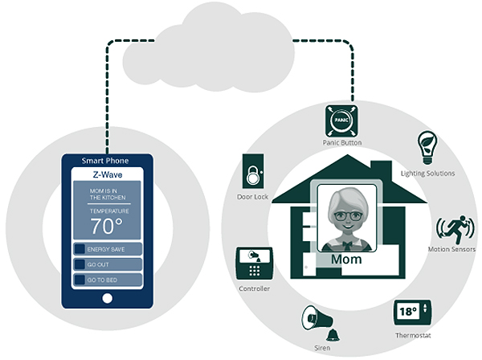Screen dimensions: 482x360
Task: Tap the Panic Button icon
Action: pyautogui.click(x=341, y=121)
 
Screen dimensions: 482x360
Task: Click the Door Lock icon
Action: pyautogui.click(x=253, y=171)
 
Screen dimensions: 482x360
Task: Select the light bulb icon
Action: pyautogui.click(x=427, y=148)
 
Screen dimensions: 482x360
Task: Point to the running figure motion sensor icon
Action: pyautogui.click(x=455, y=229)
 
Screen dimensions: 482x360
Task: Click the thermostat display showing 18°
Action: pyautogui.click(x=413, y=313)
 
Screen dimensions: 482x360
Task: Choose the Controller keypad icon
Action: pyautogui.click(x=254, y=263)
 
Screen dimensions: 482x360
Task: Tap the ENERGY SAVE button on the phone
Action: pyautogui.click(x=108, y=249)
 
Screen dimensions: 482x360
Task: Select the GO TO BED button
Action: pyautogui.click(x=108, y=280)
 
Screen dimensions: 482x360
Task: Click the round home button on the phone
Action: pyautogui.click(x=108, y=298)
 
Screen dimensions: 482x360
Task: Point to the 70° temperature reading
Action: pyautogui.click(x=106, y=227)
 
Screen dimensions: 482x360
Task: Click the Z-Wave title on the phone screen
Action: pyautogui.click(x=108, y=175)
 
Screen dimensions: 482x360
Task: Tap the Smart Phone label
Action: pyautogui.click(x=105, y=161)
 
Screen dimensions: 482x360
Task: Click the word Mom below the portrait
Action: pyautogui.click(x=346, y=260)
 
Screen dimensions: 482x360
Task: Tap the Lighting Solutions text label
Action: pyautogui.click(x=427, y=174)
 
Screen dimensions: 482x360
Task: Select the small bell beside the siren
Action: pyautogui.click(x=333, y=335)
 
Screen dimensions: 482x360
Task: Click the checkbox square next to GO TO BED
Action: pyautogui.click(x=80, y=280)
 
